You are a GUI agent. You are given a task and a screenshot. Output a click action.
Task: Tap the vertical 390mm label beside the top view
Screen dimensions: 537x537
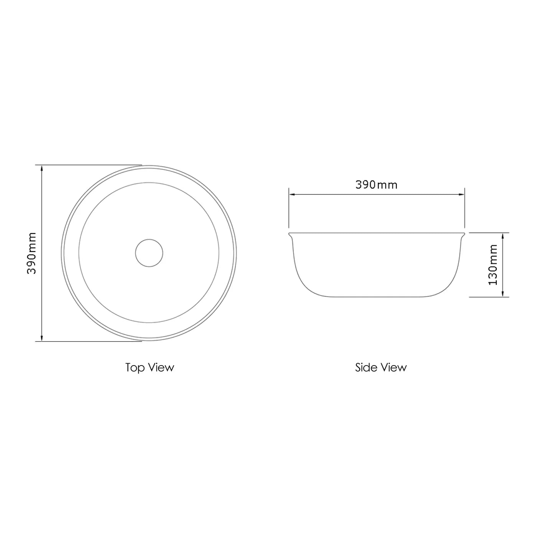tap(31, 253)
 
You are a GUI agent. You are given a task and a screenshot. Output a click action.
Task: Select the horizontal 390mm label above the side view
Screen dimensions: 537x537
tap(376, 185)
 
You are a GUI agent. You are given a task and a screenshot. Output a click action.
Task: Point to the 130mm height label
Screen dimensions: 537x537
tap(493, 264)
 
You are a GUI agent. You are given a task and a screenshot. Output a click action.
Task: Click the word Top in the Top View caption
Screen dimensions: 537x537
tap(135, 367)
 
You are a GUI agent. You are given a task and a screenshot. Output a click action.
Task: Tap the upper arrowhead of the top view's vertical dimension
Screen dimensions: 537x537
tap(41, 168)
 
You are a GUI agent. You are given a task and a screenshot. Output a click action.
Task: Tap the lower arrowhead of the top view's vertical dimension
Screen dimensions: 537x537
tap(41, 338)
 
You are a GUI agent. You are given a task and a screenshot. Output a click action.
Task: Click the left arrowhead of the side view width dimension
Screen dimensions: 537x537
tap(292, 194)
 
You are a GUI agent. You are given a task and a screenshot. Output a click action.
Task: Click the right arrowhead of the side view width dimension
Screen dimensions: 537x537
tap(461, 194)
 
